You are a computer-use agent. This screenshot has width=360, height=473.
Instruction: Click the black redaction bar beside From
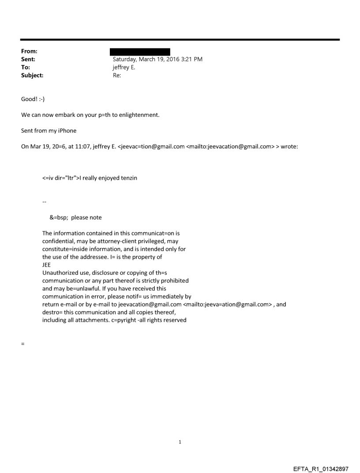pyautogui.click(x=140, y=52)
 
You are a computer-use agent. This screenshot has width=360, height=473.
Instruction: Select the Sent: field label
pyautogui.click(x=29, y=59)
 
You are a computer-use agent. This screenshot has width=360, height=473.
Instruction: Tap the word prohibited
pyautogui.click(x=174, y=280)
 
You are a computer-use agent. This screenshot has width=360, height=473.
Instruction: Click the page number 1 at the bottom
pyautogui.click(x=180, y=442)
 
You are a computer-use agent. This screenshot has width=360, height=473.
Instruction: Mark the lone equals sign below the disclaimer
pyautogui.click(x=22, y=343)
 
